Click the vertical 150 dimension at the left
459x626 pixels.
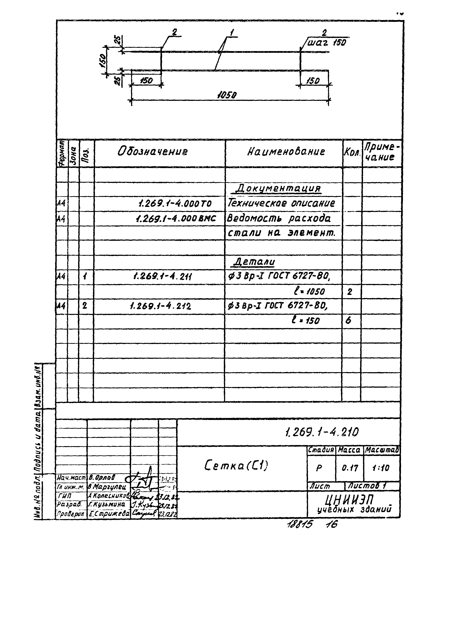[x=102, y=61]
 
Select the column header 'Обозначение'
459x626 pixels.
[x=152, y=152]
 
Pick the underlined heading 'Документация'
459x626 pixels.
[x=278, y=189]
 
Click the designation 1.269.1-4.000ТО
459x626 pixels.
[x=175, y=204]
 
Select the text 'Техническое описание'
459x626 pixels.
[x=281, y=203]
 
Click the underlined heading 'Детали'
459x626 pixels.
[x=254, y=261]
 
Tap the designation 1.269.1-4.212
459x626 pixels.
[x=160, y=306]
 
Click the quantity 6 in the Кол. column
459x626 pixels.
[x=348, y=320]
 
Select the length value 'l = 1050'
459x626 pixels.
[x=309, y=292]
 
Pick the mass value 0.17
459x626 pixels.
[x=349, y=468]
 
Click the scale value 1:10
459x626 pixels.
[x=381, y=468]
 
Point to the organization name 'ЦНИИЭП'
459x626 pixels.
[x=349, y=500]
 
